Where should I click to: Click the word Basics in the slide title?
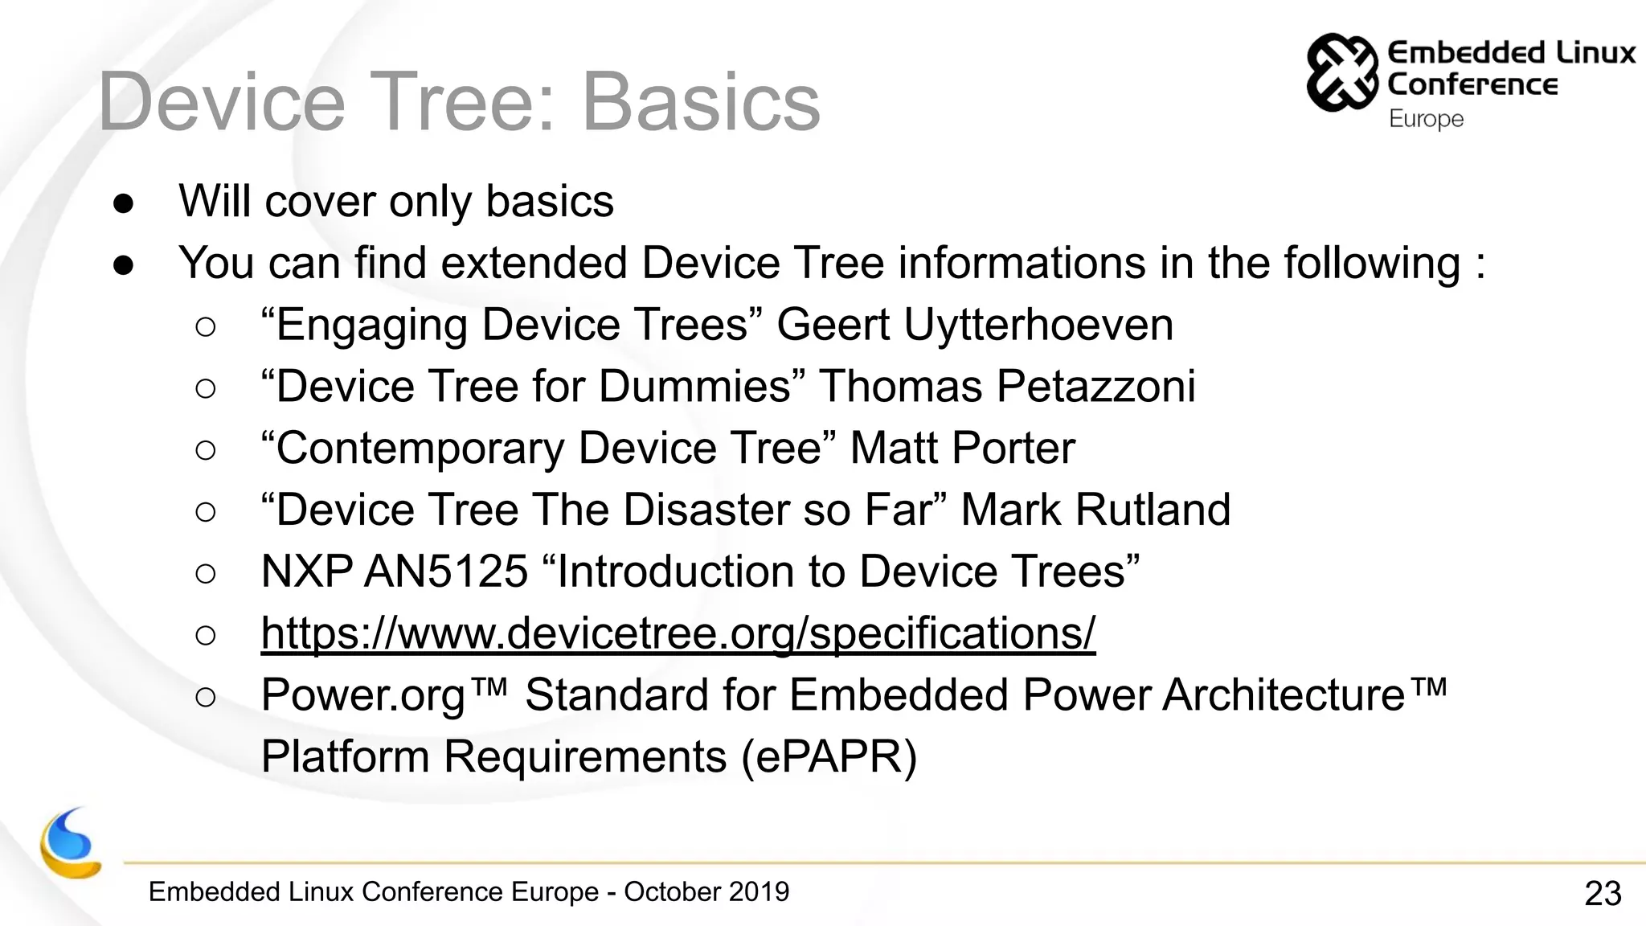pyautogui.click(x=700, y=102)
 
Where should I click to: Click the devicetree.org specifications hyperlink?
pyautogui.click(x=678, y=633)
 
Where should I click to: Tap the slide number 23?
pyautogui.click(x=1603, y=893)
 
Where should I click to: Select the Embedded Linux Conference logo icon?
pyautogui.click(x=1341, y=72)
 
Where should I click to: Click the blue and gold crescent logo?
pyautogui.click(x=70, y=844)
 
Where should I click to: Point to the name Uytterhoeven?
pyautogui.click(x=1038, y=325)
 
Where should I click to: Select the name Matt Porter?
pyautogui.click(x=962, y=449)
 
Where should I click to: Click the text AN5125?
pyautogui.click(x=446, y=572)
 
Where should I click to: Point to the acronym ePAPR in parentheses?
pyautogui.click(x=829, y=757)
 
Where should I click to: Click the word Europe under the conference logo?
pyautogui.click(x=1426, y=119)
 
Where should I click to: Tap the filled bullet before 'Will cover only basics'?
pyautogui.click(x=124, y=203)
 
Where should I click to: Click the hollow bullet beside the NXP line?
pyautogui.click(x=206, y=573)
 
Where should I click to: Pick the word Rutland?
pyautogui.click(x=1152, y=510)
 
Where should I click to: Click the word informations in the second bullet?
pyautogui.click(x=1021, y=264)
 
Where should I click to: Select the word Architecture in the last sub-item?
pyautogui.click(x=1284, y=695)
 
